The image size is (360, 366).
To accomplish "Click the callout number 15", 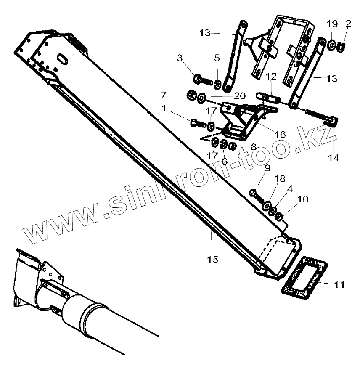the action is tap(213, 259).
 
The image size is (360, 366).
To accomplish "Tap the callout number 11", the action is tap(339, 285).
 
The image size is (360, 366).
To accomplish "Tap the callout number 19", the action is tap(332, 23).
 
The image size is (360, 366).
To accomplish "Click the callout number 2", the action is tap(347, 23).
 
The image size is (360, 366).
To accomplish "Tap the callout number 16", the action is tap(280, 135).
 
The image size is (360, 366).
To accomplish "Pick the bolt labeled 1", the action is tap(197, 123).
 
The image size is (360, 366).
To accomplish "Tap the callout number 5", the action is tap(217, 58).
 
